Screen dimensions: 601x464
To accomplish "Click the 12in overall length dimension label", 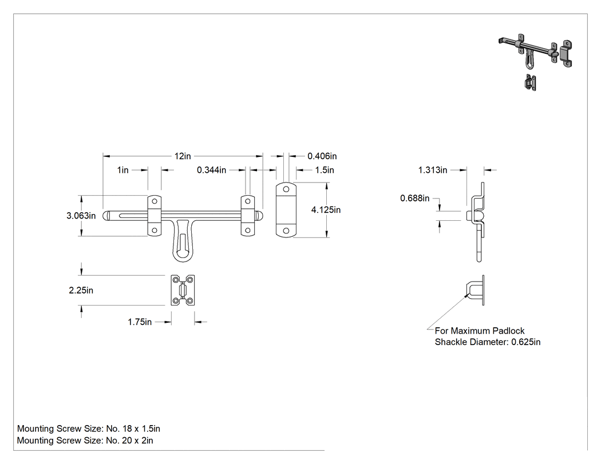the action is [x=183, y=156].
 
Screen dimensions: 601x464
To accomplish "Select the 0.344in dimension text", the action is [x=211, y=170].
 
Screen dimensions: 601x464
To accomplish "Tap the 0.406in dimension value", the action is [x=322, y=156].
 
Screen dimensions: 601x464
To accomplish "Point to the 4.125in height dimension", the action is [x=326, y=210].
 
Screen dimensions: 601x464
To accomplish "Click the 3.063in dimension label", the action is [x=81, y=216].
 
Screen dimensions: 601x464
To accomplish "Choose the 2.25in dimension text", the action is [x=81, y=291].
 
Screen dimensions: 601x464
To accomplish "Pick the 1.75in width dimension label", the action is [x=140, y=322].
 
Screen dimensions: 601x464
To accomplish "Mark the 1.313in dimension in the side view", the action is [x=432, y=170].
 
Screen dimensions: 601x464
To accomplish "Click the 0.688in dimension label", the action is [x=415, y=198].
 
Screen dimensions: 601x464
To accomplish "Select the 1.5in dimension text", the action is [x=325, y=170].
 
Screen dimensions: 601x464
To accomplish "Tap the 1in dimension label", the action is [x=122, y=170].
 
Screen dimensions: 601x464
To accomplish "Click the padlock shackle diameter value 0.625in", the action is [x=526, y=342].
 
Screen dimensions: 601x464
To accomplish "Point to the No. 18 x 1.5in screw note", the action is [x=133, y=429].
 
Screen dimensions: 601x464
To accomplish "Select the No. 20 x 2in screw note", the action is [x=129, y=441].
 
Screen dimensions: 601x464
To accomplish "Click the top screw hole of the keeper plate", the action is [x=286, y=189].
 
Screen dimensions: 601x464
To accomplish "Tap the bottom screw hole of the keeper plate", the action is [x=286, y=231].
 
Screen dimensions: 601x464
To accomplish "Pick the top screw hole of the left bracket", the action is [x=155, y=201].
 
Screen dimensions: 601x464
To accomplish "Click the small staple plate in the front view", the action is [x=183, y=290].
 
